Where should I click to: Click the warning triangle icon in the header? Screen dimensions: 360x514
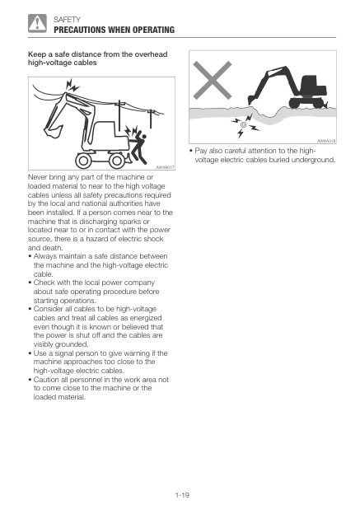(37, 23)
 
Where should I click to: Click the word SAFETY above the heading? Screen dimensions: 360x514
(67, 20)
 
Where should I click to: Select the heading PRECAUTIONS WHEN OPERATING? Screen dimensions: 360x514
(115, 30)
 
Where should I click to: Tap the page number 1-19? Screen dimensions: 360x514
(182, 495)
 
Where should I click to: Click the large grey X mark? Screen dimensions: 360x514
(213, 81)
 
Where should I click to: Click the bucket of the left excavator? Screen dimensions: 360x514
(53, 131)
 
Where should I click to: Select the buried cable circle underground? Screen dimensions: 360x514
(243, 124)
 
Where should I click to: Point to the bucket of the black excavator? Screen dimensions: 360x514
(252, 100)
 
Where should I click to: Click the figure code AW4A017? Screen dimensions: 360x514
(166, 167)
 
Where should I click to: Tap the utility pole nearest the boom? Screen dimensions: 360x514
(119, 112)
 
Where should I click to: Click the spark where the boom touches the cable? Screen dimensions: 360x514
(72, 85)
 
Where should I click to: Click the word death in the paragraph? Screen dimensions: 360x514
(52, 248)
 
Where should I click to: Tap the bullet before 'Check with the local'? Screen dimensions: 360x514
(30, 283)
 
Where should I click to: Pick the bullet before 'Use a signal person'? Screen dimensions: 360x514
(30, 353)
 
